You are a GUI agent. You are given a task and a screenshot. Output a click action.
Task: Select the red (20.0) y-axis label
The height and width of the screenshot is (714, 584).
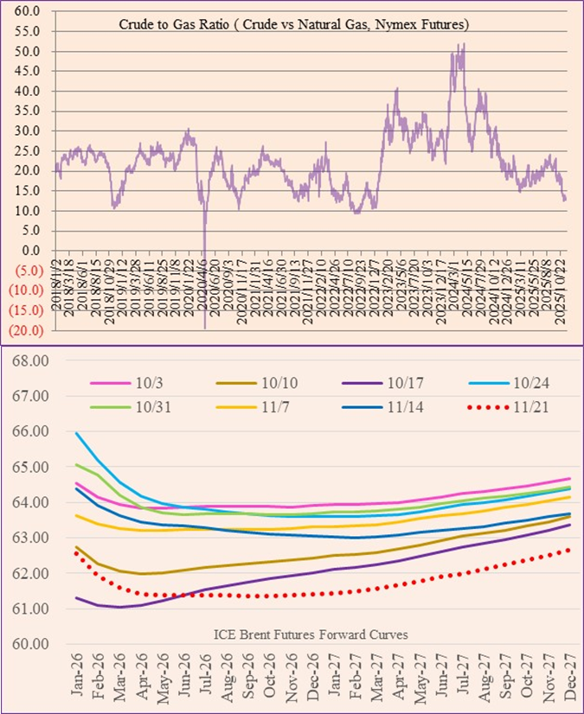(28, 329)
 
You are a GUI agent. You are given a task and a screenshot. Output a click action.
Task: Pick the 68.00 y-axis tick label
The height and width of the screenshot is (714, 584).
(29, 360)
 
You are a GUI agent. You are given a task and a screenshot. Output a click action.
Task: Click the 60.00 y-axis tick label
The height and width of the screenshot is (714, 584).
(29, 644)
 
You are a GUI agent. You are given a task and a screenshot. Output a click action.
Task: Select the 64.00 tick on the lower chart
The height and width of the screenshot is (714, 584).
(29, 502)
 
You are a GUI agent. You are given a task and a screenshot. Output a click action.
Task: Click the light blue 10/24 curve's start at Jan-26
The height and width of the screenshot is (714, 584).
(77, 433)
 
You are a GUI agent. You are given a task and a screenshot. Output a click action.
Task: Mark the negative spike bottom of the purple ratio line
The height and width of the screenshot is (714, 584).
(205, 328)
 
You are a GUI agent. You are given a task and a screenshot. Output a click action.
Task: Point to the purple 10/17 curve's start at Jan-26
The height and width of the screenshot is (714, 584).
(77, 597)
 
